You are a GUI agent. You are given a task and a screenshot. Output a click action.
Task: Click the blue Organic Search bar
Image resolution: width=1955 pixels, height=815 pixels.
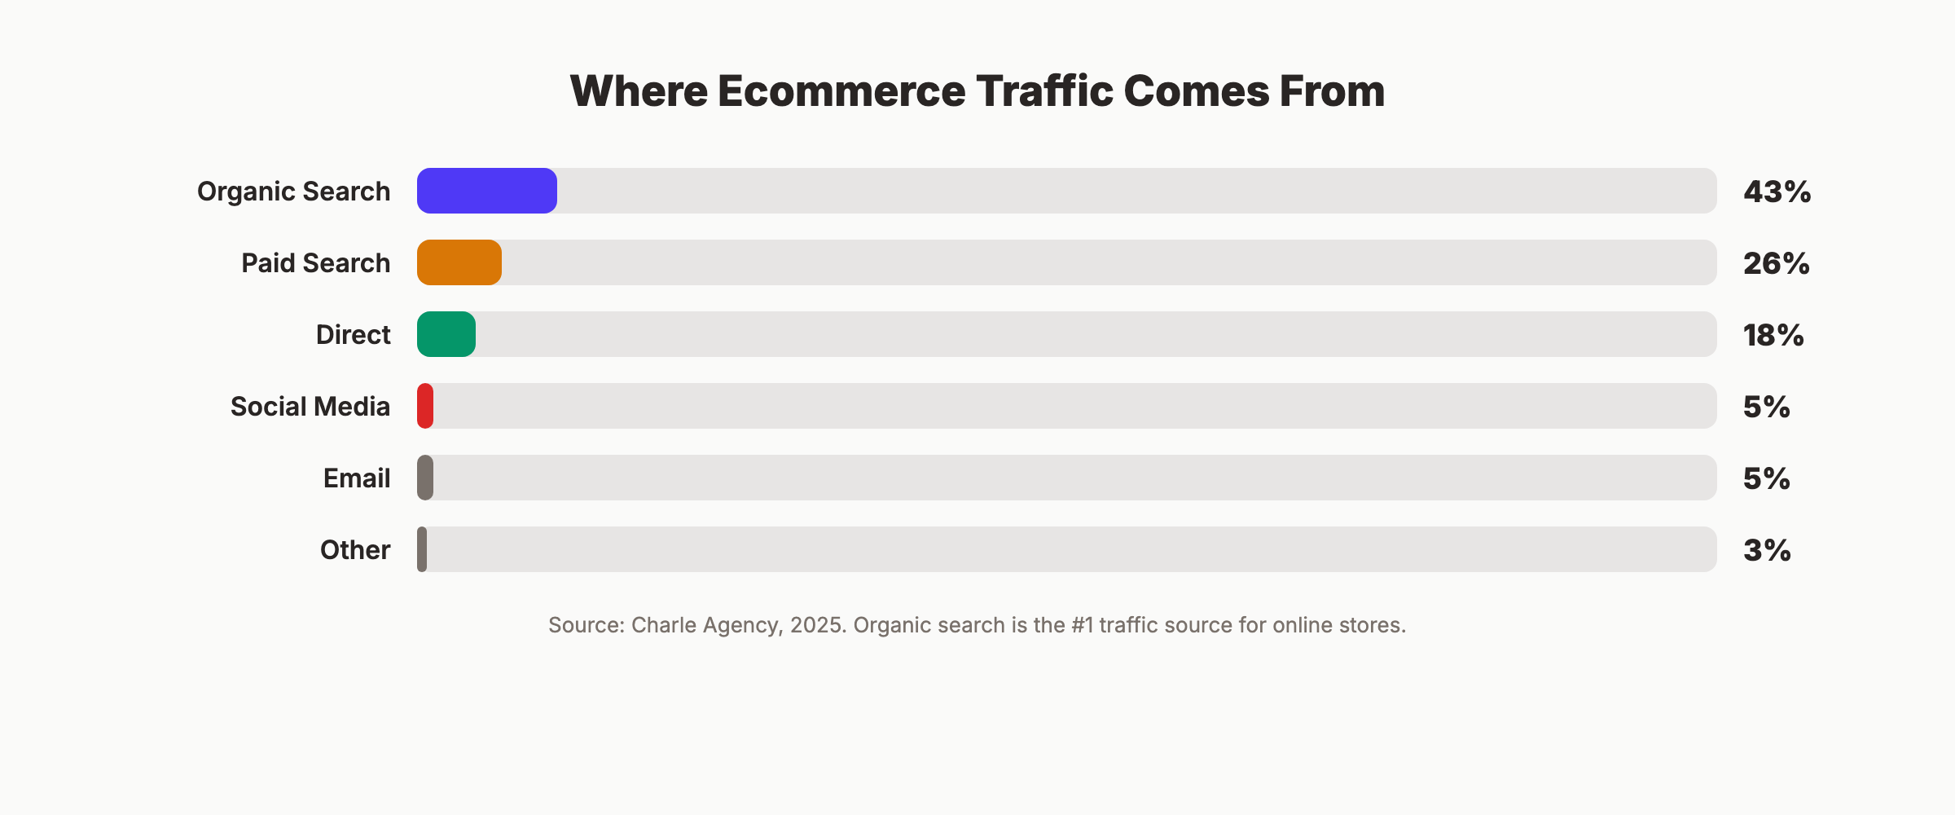(486, 191)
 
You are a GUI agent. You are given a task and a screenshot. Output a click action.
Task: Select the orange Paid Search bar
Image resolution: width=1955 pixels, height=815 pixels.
(459, 262)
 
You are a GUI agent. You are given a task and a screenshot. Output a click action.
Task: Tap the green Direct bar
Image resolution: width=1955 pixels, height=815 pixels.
(446, 334)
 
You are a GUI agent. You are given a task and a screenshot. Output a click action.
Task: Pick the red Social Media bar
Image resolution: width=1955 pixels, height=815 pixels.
(425, 406)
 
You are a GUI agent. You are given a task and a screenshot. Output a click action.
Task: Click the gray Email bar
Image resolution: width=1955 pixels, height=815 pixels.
(425, 478)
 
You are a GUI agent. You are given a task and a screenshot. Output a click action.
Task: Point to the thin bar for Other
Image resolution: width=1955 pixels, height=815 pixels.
(422, 549)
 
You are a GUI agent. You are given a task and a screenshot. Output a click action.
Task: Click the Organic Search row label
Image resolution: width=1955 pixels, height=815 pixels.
(293, 192)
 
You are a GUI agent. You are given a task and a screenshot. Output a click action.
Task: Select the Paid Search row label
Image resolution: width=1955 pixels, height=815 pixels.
(315, 263)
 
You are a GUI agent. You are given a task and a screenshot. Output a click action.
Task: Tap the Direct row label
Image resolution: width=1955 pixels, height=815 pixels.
(353, 335)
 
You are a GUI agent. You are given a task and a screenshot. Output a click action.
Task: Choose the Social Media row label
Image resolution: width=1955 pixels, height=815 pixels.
(310, 407)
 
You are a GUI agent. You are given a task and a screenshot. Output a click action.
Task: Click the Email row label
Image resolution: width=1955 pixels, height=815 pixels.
(356, 478)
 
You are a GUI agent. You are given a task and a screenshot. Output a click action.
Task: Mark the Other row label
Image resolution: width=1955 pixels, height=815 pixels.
(354, 550)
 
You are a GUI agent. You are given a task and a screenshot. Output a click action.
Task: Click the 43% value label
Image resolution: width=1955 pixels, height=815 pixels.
(1777, 192)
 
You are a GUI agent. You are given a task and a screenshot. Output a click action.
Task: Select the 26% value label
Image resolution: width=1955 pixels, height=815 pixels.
(1776, 263)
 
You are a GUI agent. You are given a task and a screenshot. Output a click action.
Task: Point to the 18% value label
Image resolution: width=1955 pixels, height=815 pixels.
(1773, 335)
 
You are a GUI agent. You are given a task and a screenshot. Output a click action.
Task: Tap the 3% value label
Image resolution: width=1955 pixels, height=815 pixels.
(1766, 550)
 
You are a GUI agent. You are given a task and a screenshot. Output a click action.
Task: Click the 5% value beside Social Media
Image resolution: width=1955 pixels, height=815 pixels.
(1766, 407)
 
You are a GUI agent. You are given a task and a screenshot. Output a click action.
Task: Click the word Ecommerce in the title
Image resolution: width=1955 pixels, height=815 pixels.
(841, 90)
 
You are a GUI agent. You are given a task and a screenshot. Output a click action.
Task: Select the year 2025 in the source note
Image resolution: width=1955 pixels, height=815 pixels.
(817, 625)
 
